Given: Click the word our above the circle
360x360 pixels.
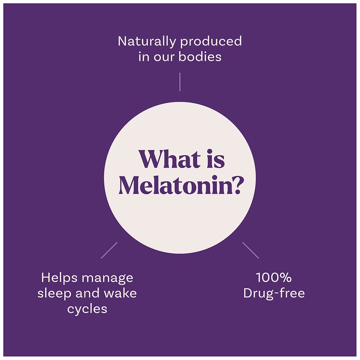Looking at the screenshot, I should [x=164, y=56].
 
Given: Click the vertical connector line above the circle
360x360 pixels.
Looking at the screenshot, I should [x=180, y=82].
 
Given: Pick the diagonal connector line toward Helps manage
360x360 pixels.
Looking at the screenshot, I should [x=109, y=250].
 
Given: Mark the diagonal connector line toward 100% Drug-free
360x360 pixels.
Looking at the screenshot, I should [x=251, y=250].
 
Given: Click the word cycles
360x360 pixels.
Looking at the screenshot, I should [x=87, y=309].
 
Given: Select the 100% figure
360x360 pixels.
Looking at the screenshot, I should [x=274, y=277].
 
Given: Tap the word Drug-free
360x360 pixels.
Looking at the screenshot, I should [x=274, y=293].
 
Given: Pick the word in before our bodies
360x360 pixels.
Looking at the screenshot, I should [x=144, y=56].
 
